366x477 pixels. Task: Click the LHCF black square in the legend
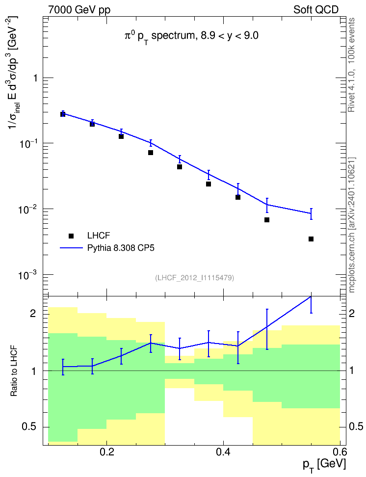71,236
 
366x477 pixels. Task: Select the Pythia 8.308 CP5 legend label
121,248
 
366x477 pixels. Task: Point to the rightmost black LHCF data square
311,239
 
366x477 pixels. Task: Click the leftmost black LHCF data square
63,114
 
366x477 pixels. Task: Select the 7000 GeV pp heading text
79,10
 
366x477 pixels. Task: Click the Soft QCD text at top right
316,10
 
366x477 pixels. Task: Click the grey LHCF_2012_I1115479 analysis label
194,278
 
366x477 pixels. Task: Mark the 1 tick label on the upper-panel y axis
36,78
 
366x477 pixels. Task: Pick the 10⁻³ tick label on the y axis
27,275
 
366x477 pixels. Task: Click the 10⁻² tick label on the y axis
27,210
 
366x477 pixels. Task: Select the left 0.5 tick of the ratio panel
29,427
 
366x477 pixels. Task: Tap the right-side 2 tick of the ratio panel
352,313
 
